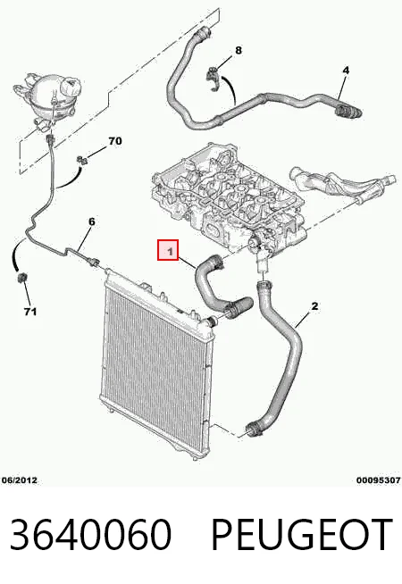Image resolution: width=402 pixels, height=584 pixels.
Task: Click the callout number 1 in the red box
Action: pos(171,252)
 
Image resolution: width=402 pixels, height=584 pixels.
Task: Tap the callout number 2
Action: pos(314,306)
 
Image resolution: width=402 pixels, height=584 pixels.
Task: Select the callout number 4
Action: pos(346,70)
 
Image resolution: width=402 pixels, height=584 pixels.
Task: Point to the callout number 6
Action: pos(92,221)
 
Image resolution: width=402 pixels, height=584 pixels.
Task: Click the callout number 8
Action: pos(239,50)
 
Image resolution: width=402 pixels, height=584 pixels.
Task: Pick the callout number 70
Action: pos(115,141)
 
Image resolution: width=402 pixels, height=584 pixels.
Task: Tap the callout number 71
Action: pos(30,312)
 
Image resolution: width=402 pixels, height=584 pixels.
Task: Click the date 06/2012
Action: pos(20,480)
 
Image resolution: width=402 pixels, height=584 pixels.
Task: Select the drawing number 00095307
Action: pos(379,480)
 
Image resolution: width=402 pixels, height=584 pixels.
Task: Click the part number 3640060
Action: pos(90,535)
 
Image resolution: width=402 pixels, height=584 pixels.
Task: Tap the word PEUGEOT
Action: pos(301,535)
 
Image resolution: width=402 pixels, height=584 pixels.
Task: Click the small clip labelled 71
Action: pos(22,279)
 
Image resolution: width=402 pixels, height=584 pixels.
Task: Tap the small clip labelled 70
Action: pos(83,161)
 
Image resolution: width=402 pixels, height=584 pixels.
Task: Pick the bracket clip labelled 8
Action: pos(214,78)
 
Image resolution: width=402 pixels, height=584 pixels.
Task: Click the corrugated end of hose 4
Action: pos(348,111)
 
